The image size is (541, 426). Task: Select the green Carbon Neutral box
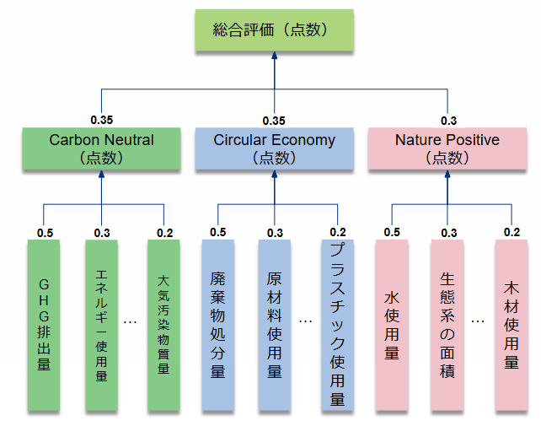(x=102, y=148)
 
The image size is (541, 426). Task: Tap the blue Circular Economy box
(x=274, y=148)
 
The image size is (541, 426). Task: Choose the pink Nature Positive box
(x=447, y=148)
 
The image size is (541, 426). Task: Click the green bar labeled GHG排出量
(x=44, y=325)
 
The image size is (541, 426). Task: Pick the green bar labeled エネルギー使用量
(x=102, y=325)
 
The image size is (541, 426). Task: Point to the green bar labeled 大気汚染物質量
(x=163, y=325)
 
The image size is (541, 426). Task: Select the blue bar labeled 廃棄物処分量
(x=217, y=325)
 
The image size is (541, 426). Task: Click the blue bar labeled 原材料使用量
(x=275, y=325)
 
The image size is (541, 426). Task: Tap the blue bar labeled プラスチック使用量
(x=336, y=325)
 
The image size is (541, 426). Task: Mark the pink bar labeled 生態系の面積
(x=447, y=325)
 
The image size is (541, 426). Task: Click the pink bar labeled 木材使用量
(x=511, y=325)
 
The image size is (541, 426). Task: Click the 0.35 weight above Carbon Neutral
(x=102, y=121)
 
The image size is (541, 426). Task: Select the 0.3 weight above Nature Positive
(x=447, y=121)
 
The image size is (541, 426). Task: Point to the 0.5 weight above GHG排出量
(x=45, y=232)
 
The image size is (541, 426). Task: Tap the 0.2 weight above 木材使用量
(x=511, y=232)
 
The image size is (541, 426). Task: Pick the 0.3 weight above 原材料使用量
(x=275, y=232)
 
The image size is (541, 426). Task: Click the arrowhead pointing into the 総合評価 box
(x=275, y=55)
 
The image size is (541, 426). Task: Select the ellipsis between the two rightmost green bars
(x=131, y=321)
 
